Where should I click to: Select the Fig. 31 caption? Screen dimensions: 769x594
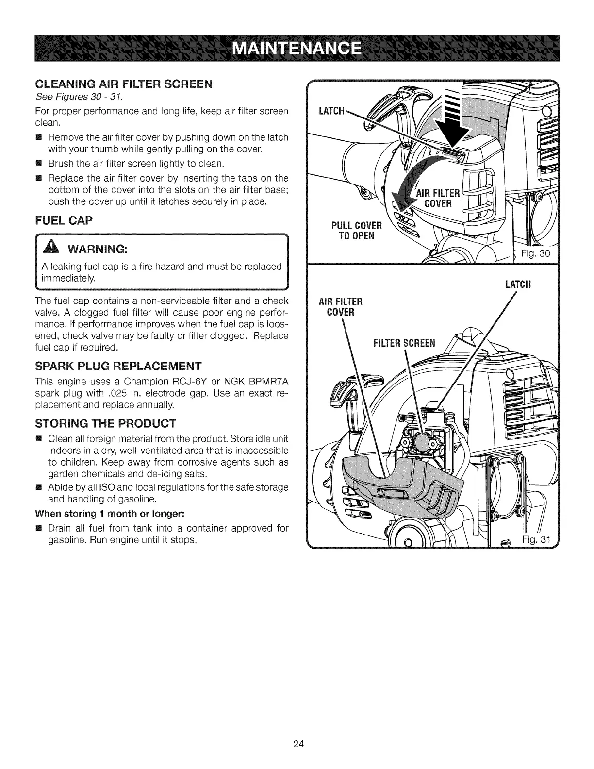535,539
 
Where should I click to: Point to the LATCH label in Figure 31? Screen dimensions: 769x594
518,284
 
